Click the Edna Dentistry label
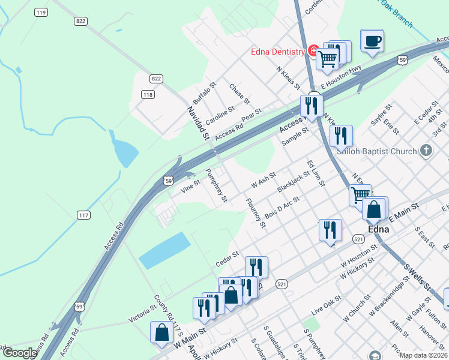coord(278,52)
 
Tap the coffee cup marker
coord(372,41)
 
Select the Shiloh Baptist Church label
coord(378,151)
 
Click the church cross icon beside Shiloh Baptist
coord(426,150)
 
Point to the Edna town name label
coord(378,230)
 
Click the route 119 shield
coord(41,12)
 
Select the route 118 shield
coord(148,94)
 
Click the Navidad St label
coord(197,124)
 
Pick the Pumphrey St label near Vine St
coord(217,185)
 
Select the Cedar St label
coord(227,260)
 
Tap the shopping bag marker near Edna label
coord(374,210)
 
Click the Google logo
coord(20,353)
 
